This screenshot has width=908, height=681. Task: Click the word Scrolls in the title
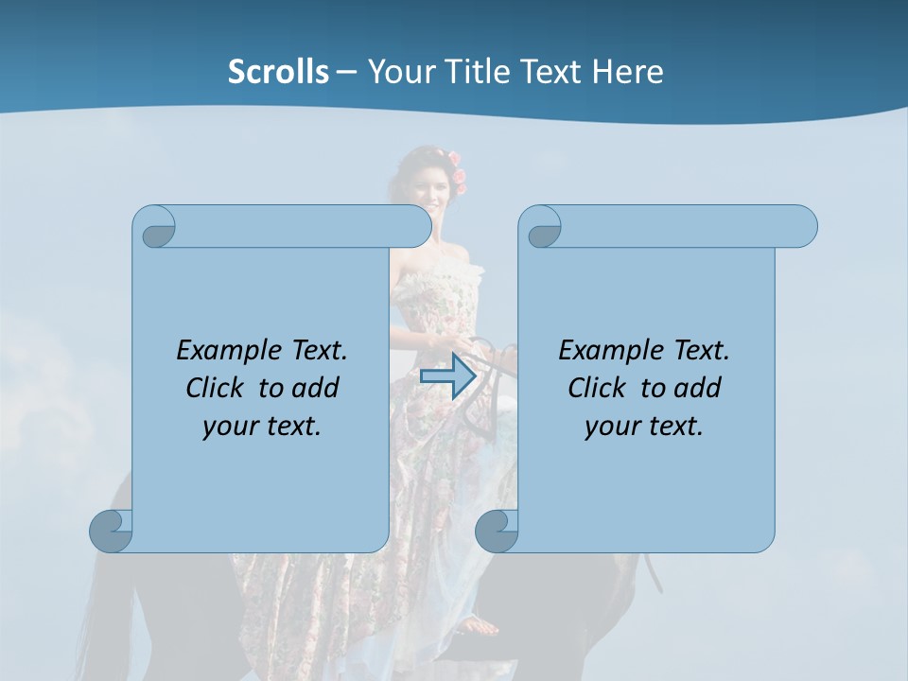click(x=278, y=72)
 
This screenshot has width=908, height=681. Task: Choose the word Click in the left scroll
click(x=217, y=388)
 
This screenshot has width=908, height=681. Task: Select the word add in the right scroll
click(x=698, y=388)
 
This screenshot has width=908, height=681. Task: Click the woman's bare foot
click(x=480, y=625)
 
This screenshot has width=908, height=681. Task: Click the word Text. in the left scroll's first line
click(x=319, y=351)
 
